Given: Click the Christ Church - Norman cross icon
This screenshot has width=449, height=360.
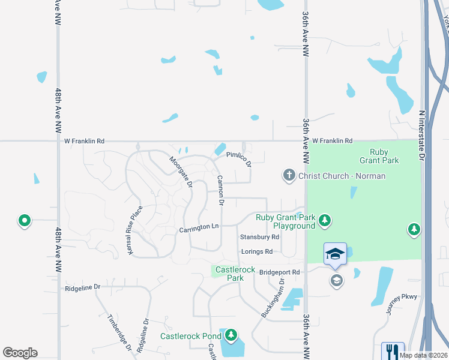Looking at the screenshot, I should point(289,175).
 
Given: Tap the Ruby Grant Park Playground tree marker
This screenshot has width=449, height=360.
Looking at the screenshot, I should point(325,221).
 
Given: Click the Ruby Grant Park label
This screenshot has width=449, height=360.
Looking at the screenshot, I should point(375,156).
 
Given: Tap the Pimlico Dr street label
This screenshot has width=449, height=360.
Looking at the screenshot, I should point(238,158).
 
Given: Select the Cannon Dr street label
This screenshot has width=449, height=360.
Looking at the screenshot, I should point(221,190).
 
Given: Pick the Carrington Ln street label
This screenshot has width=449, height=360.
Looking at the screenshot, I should point(199,228).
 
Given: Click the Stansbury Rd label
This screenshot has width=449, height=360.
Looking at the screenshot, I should point(259,237).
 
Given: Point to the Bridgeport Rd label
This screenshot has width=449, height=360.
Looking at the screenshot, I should point(279,272).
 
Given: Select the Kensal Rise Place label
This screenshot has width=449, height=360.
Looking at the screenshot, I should point(135,230).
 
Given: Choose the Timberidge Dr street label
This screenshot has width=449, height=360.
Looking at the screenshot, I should point(119,331).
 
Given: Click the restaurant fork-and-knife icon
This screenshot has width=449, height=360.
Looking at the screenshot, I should point(393,350).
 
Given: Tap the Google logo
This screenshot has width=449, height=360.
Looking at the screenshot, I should point(20,353).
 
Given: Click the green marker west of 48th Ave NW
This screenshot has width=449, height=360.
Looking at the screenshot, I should point(25,221).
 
